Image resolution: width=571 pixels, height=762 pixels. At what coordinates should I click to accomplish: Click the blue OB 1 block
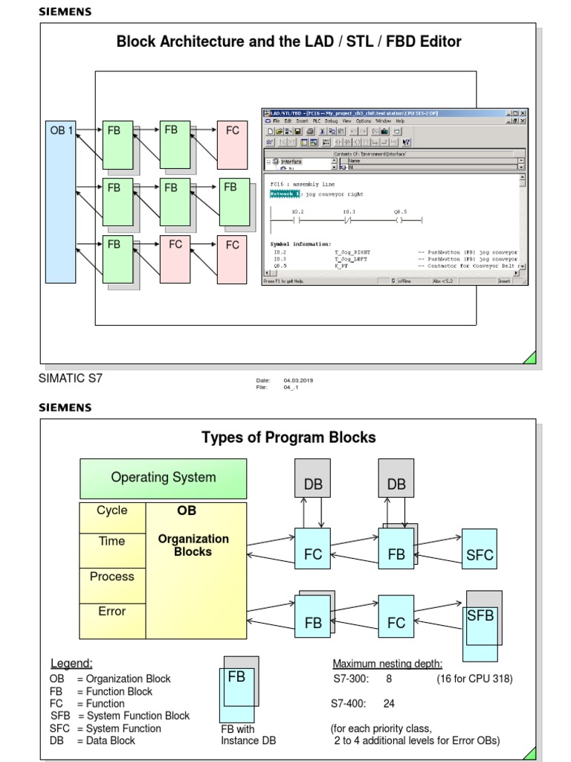coord(61,201)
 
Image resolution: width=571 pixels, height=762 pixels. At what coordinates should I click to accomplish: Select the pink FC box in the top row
coord(233,143)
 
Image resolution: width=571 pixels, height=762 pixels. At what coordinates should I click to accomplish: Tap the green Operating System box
coord(164,478)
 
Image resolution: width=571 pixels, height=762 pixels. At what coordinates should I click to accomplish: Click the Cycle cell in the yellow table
coord(112,510)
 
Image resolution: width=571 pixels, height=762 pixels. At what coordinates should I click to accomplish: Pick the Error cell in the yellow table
coord(112,612)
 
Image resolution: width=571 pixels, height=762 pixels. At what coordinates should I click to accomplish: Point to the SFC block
coord(480,555)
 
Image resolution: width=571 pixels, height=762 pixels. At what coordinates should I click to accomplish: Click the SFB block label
coord(480,616)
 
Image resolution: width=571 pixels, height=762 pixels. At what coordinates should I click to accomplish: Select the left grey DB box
coord(313,484)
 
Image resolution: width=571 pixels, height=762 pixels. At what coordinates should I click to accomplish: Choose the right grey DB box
coord(396,484)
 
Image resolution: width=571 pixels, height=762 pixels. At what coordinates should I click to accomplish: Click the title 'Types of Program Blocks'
coord(288,438)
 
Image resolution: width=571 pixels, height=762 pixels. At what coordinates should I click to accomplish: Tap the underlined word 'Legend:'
coord(71,664)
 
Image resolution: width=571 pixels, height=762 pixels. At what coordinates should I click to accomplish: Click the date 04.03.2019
coord(298,380)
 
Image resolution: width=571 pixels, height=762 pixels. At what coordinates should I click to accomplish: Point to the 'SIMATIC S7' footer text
coord(71,378)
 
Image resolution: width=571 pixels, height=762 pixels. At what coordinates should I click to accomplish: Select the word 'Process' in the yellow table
coord(112,577)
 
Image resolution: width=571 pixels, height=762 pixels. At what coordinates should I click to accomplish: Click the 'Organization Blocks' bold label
coord(193,545)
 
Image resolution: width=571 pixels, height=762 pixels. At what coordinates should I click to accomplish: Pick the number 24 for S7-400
coord(389,703)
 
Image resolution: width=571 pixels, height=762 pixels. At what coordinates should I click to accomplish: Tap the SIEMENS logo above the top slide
coord(65,12)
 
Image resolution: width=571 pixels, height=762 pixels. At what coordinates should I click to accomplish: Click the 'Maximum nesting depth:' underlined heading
coord(387,664)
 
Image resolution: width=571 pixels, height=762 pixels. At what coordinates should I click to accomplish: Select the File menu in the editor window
coord(275,121)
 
